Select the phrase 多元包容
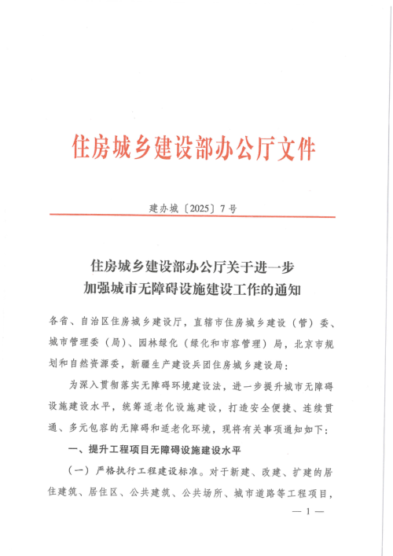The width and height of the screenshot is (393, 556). point(89,430)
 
